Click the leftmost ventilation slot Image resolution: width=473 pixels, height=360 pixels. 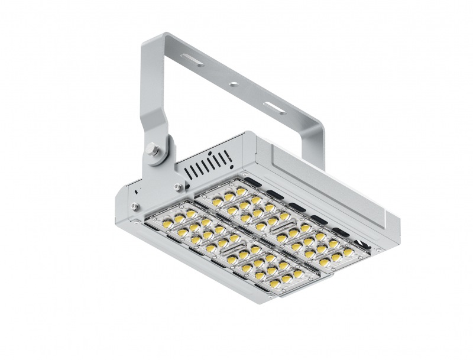189,172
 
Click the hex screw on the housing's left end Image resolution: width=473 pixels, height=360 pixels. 133,206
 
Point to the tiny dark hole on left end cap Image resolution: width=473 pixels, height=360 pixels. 135,191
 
